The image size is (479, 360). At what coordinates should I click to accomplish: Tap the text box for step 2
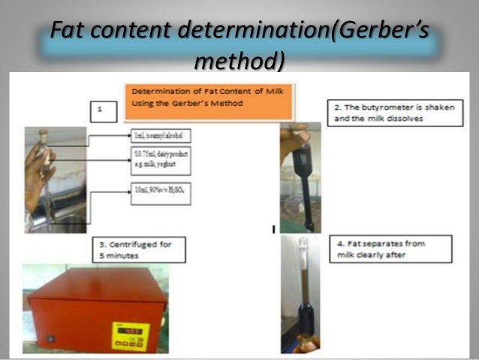coord(389,113)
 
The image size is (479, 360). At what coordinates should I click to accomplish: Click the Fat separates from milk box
coord(390,249)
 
